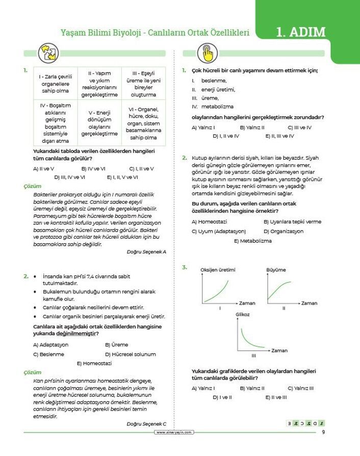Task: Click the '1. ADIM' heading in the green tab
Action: tap(300, 32)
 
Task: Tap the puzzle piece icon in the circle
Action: tap(45, 53)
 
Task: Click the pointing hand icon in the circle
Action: tap(207, 53)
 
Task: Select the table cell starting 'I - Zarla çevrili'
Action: tap(56, 84)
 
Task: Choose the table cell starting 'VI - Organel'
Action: tap(143, 123)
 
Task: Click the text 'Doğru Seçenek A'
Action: tap(146, 251)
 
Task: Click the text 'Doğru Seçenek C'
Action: tap(146, 424)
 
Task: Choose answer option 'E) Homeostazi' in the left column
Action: tap(94, 363)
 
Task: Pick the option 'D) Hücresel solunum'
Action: tap(130, 354)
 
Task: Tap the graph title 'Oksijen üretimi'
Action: tap(218, 269)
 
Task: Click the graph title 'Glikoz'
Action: tap(243, 315)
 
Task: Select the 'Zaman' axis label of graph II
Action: tap(309, 303)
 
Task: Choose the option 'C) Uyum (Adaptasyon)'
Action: tap(218, 231)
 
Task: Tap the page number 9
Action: tap(323, 433)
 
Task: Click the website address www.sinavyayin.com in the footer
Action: tap(174, 432)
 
